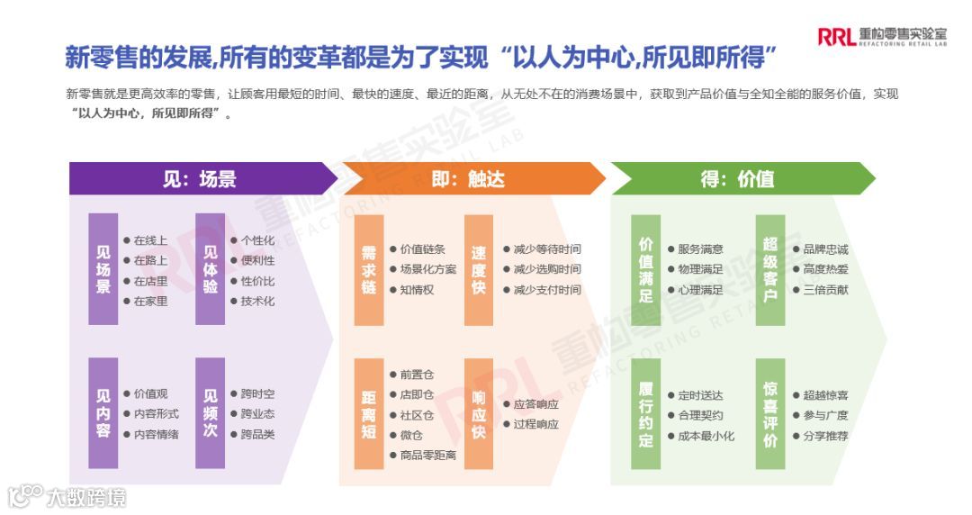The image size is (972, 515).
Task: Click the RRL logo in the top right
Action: pos(881,35)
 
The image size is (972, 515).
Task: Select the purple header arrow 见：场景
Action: pos(200,178)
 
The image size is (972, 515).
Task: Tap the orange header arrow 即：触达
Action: pos(468,178)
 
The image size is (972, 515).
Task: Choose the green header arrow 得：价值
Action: pos(738,178)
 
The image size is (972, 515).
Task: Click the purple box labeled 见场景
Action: pos(103,268)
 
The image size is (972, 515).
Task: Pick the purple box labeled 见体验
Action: pos(211,268)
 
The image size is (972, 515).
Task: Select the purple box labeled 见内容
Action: pos(103,413)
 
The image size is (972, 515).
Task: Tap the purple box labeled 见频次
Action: pos(211,413)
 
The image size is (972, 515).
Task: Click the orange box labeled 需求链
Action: pos(369,269)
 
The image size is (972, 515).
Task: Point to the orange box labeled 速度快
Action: pos(479,269)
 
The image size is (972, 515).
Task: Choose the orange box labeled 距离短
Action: pos(369,413)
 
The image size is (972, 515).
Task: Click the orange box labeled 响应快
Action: pos(479,413)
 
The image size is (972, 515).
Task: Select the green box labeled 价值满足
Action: pos(645,269)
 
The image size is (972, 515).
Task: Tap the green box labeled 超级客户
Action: pos(770,269)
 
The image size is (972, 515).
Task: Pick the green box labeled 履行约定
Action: pos(645,413)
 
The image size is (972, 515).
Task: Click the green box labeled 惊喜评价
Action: pos(770,413)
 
